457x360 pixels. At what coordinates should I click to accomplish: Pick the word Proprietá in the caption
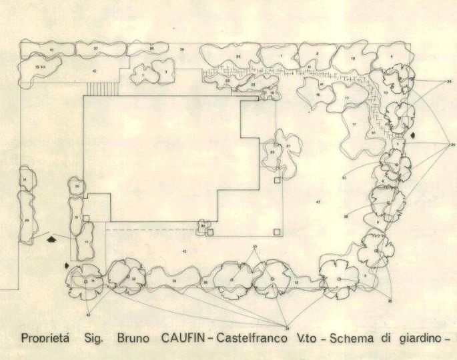click(x=47, y=337)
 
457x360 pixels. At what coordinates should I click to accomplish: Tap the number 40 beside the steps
click(x=94, y=71)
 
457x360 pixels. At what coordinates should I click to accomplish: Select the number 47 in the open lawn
click(x=318, y=201)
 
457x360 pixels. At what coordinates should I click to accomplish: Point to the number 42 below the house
click(x=184, y=251)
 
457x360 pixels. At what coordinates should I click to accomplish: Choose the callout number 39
click(x=254, y=247)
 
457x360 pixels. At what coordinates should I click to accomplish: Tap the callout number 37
click(x=344, y=178)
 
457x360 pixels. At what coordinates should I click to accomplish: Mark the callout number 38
click(x=346, y=217)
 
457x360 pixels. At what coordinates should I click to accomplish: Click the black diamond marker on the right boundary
click(x=414, y=135)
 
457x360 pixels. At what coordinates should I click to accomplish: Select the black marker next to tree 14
click(x=66, y=266)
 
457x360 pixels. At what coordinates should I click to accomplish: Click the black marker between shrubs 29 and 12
click(x=52, y=237)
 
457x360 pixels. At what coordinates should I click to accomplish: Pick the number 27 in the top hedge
click(x=96, y=49)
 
